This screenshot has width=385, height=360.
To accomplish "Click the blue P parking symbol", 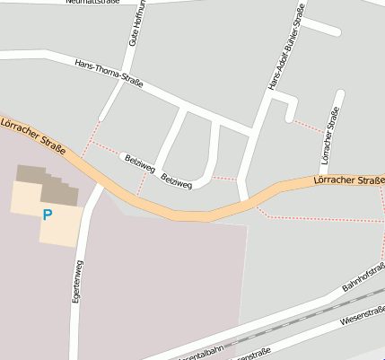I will [x=47, y=214].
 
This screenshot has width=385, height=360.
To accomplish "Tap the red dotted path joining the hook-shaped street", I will [x=308, y=125].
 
